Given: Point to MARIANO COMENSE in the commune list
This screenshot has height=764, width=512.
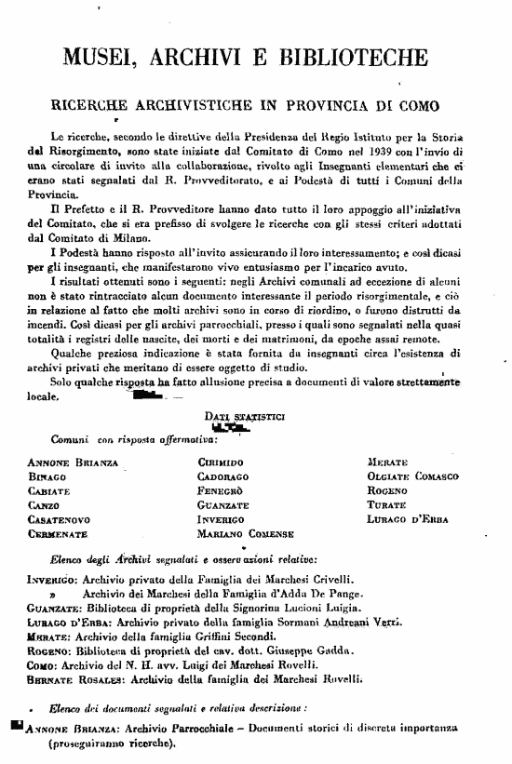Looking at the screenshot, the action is (x=246, y=535).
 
